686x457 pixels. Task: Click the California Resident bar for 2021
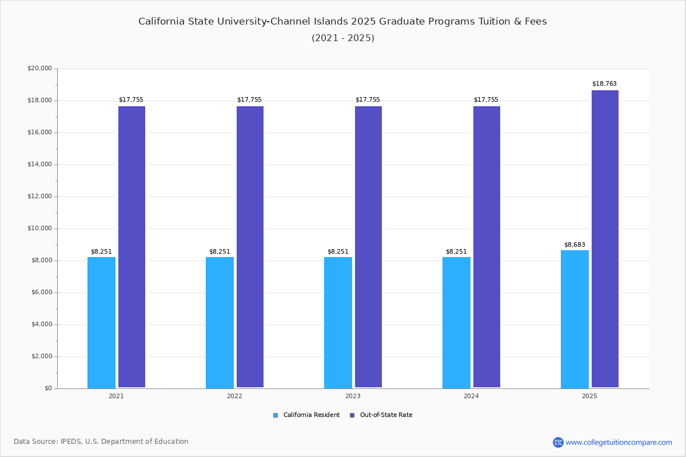[x=101, y=322]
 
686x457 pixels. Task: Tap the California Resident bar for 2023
[x=338, y=322]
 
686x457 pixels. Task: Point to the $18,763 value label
[x=604, y=83]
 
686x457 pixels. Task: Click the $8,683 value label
[x=575, y=244]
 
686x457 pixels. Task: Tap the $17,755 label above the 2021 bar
[x=131, y=99]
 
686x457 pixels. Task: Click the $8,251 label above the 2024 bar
[x=456, y=251]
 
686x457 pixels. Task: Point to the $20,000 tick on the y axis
[x=39, y=69]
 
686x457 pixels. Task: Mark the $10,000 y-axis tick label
[x=39, y=228]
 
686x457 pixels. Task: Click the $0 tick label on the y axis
[x=47, y=388]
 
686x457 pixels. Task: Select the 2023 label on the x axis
[x=353, y=396]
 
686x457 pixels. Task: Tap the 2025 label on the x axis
[x=589, y=396]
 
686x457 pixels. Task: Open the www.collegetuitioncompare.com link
[x=619, y=442]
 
